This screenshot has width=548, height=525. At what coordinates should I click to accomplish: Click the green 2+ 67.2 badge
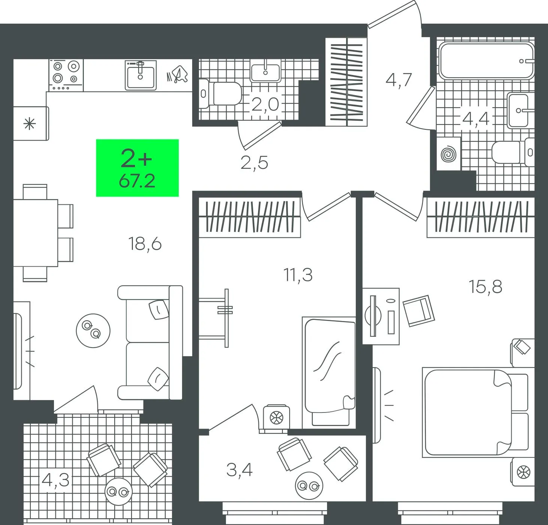(x=137, y=168)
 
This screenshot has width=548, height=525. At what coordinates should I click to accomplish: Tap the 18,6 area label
(x=145, y=244)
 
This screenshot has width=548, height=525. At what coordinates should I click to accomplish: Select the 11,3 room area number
(x=298, y=275)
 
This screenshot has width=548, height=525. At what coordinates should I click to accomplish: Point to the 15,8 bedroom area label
(x=485, y=287)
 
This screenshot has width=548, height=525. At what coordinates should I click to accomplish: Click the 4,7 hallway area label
(x=399, y=80)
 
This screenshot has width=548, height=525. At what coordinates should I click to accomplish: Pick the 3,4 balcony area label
(x=239, y=470)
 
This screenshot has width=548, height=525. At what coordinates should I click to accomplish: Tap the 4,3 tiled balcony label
(x=55, y=480)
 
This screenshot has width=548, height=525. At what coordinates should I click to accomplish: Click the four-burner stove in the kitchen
(x=66, y=75)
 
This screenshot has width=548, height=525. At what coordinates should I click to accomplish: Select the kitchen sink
(x=140, y=75)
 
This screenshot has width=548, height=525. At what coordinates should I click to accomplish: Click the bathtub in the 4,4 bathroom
(x=486, y=61)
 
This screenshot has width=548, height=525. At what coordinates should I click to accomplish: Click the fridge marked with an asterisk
(x=31, y=123)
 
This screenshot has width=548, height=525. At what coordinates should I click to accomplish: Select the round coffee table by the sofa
(x=93, y=331)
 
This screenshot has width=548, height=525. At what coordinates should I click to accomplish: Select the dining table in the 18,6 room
(x=36, y=233)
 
